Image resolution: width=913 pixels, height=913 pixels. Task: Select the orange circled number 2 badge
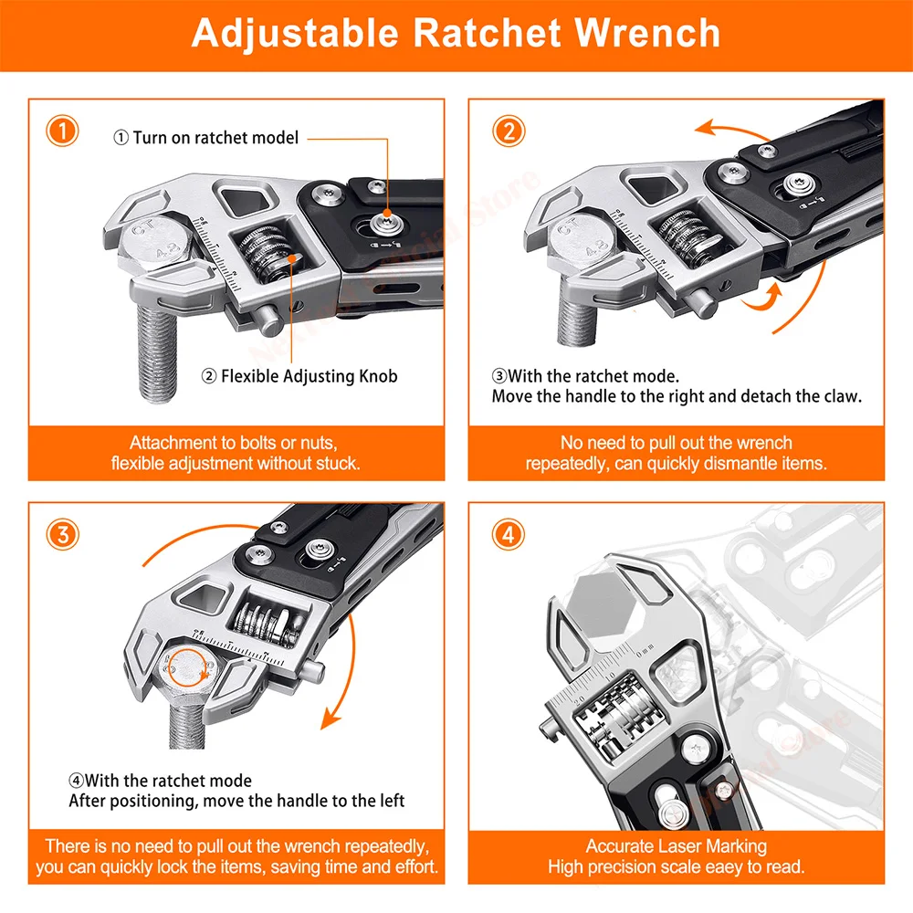(x=508, y=131)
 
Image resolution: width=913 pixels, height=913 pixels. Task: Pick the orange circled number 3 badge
(x=62, y=534)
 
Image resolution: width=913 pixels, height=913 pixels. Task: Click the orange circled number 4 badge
(x=508, y=534)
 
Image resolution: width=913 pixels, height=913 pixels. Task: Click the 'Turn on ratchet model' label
(x=206, y=138)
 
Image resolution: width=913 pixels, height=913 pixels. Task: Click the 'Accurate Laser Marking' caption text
(x=676, y=845)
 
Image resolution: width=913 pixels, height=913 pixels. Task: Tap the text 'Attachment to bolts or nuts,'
(x=234, y=443)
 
